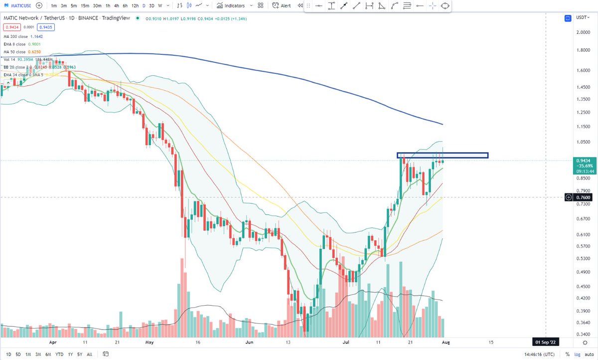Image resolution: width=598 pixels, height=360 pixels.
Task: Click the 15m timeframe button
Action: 85,5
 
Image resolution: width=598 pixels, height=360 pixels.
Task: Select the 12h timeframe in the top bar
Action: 135,5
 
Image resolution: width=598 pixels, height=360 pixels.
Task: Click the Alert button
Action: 282,5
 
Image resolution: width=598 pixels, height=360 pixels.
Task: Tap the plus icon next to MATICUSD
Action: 39,5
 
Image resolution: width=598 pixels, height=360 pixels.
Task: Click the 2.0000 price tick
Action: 583,32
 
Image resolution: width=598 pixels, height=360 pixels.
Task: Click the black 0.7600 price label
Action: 583,197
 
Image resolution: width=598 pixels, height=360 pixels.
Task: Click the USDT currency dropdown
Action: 582,17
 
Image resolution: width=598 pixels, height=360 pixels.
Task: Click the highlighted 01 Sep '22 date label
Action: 546,343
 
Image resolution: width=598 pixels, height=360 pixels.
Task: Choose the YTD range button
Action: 59,355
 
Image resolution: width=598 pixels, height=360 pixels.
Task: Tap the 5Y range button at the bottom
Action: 80,355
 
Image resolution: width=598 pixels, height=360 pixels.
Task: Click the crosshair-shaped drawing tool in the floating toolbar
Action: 432,6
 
